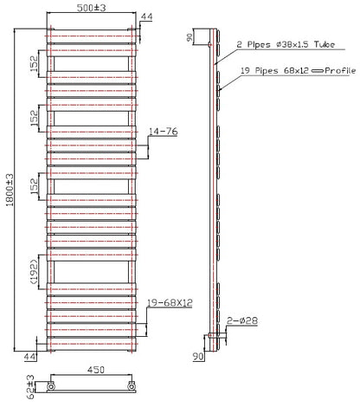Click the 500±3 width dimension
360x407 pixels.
tap(91, 8)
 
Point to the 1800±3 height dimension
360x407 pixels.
tap(10, 190)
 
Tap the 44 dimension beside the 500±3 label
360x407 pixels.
tap(146, 16)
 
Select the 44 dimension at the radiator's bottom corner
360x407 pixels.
tap(29, 357)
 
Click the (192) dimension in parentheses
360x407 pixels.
tap(34, 272)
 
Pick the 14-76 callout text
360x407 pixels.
tap(163, 132)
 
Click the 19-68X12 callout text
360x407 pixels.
tap(170, 303)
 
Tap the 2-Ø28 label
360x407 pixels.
tap(242, 320)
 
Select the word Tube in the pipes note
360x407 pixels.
tap(325, 44)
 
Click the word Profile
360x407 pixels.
tap(340, 70)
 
